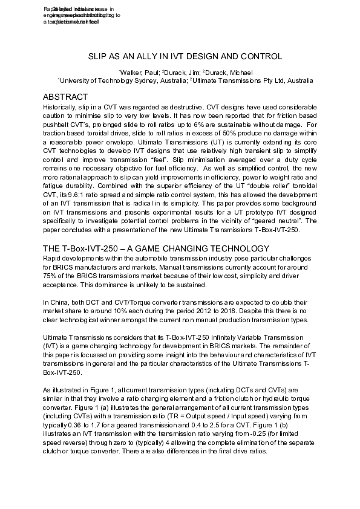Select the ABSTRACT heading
coord(66,97)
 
